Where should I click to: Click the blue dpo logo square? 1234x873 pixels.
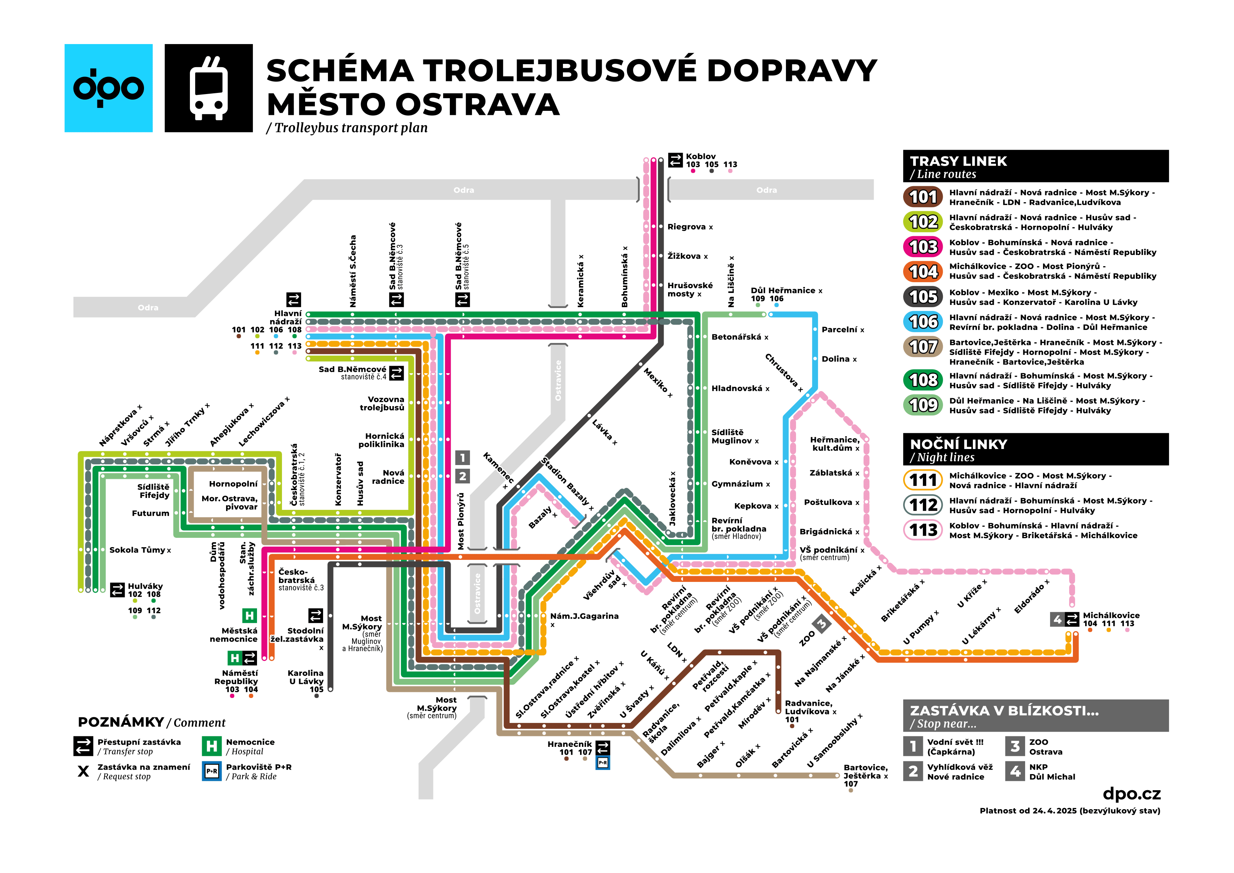coord(108,88)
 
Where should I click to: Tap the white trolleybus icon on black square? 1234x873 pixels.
coord(209,88)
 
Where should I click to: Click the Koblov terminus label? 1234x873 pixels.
coord(700,156)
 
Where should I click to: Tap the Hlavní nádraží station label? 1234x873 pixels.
coord(288,317)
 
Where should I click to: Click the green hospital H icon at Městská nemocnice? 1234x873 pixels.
coord(250,615)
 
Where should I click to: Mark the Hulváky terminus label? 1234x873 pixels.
coord(145,586)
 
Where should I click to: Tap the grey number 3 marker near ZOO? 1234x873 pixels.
coord(822,624)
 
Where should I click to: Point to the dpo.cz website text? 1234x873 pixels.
coord(1131,794)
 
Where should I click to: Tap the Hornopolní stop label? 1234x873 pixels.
coord(233,484)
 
